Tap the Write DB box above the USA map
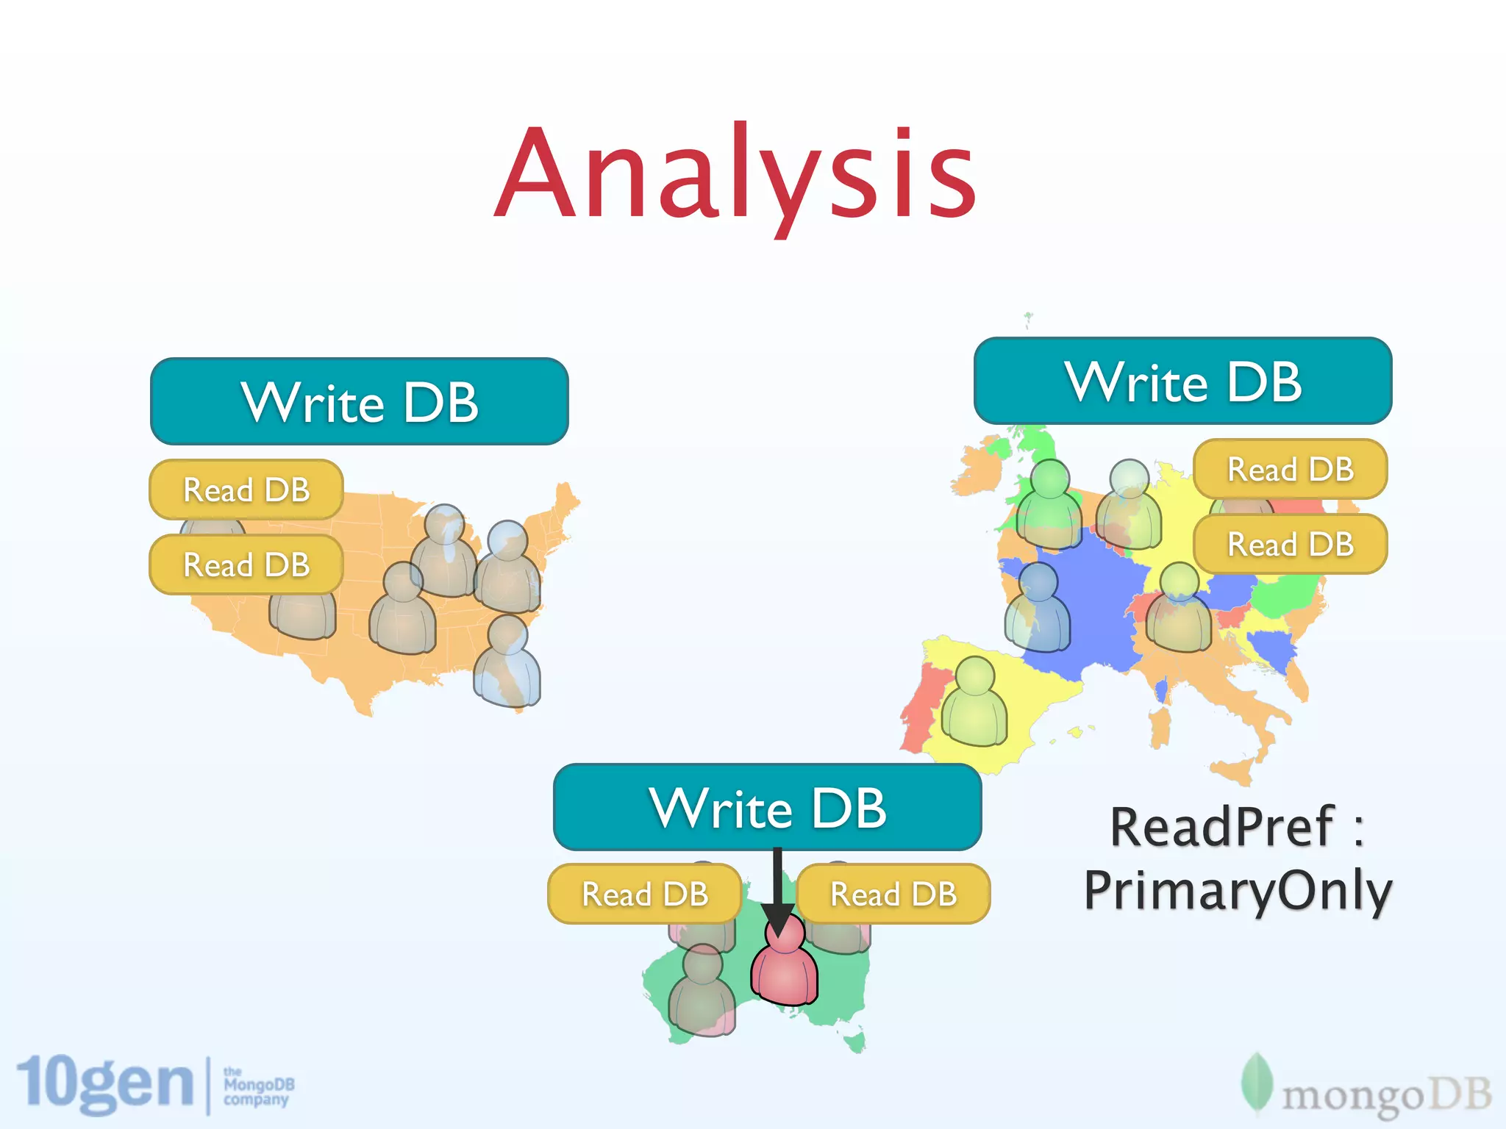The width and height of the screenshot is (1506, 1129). click(x=359, y=401)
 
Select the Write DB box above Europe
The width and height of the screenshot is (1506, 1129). click(x=1182, y=381)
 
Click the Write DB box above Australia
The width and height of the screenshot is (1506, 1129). click(x=767, y=807)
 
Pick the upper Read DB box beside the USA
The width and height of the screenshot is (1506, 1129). click(x=246, y=490)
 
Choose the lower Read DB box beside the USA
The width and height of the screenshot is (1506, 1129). click(x=246, y=564)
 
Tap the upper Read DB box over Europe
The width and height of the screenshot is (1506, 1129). click(x=1291, y=469)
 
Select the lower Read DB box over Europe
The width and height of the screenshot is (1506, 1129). click(x=1291, y=544)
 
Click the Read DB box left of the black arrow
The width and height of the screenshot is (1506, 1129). click(x=645, y=894)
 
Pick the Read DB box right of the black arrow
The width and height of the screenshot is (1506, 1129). click(x=893, y=894)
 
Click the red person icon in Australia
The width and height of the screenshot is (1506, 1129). click(x=784, y=963)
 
